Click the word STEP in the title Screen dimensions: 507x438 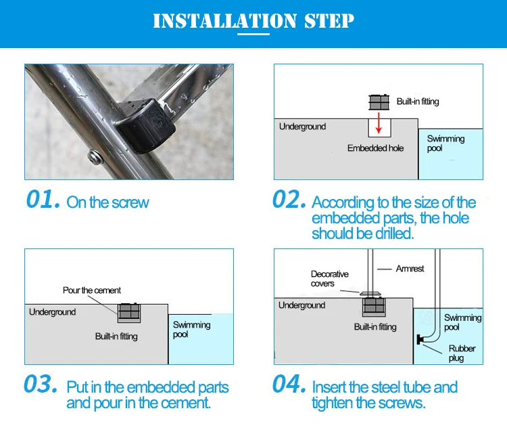(329, 21)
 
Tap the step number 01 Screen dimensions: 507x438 (43, 199)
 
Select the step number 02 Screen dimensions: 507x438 (289, 199)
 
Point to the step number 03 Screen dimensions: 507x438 (41, 384)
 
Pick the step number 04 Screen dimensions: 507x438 (289, 384)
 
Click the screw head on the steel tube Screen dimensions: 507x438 (95, 156)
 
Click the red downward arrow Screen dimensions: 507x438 (379, 123)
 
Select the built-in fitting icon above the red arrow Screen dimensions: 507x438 (379, 102)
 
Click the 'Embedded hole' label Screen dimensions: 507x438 (375, 148)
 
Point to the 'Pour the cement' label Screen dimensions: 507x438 (92, 290)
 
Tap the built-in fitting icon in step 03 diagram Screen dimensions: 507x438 (129, 311)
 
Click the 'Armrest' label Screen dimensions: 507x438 (410, 269)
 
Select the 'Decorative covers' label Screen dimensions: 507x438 (329, 279)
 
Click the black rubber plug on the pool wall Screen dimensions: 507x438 (420, 340)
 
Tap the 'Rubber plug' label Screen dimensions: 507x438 (462, 353)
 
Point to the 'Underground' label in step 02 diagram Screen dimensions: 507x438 (302, 127)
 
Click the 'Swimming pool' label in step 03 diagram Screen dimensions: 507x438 (191, 329)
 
